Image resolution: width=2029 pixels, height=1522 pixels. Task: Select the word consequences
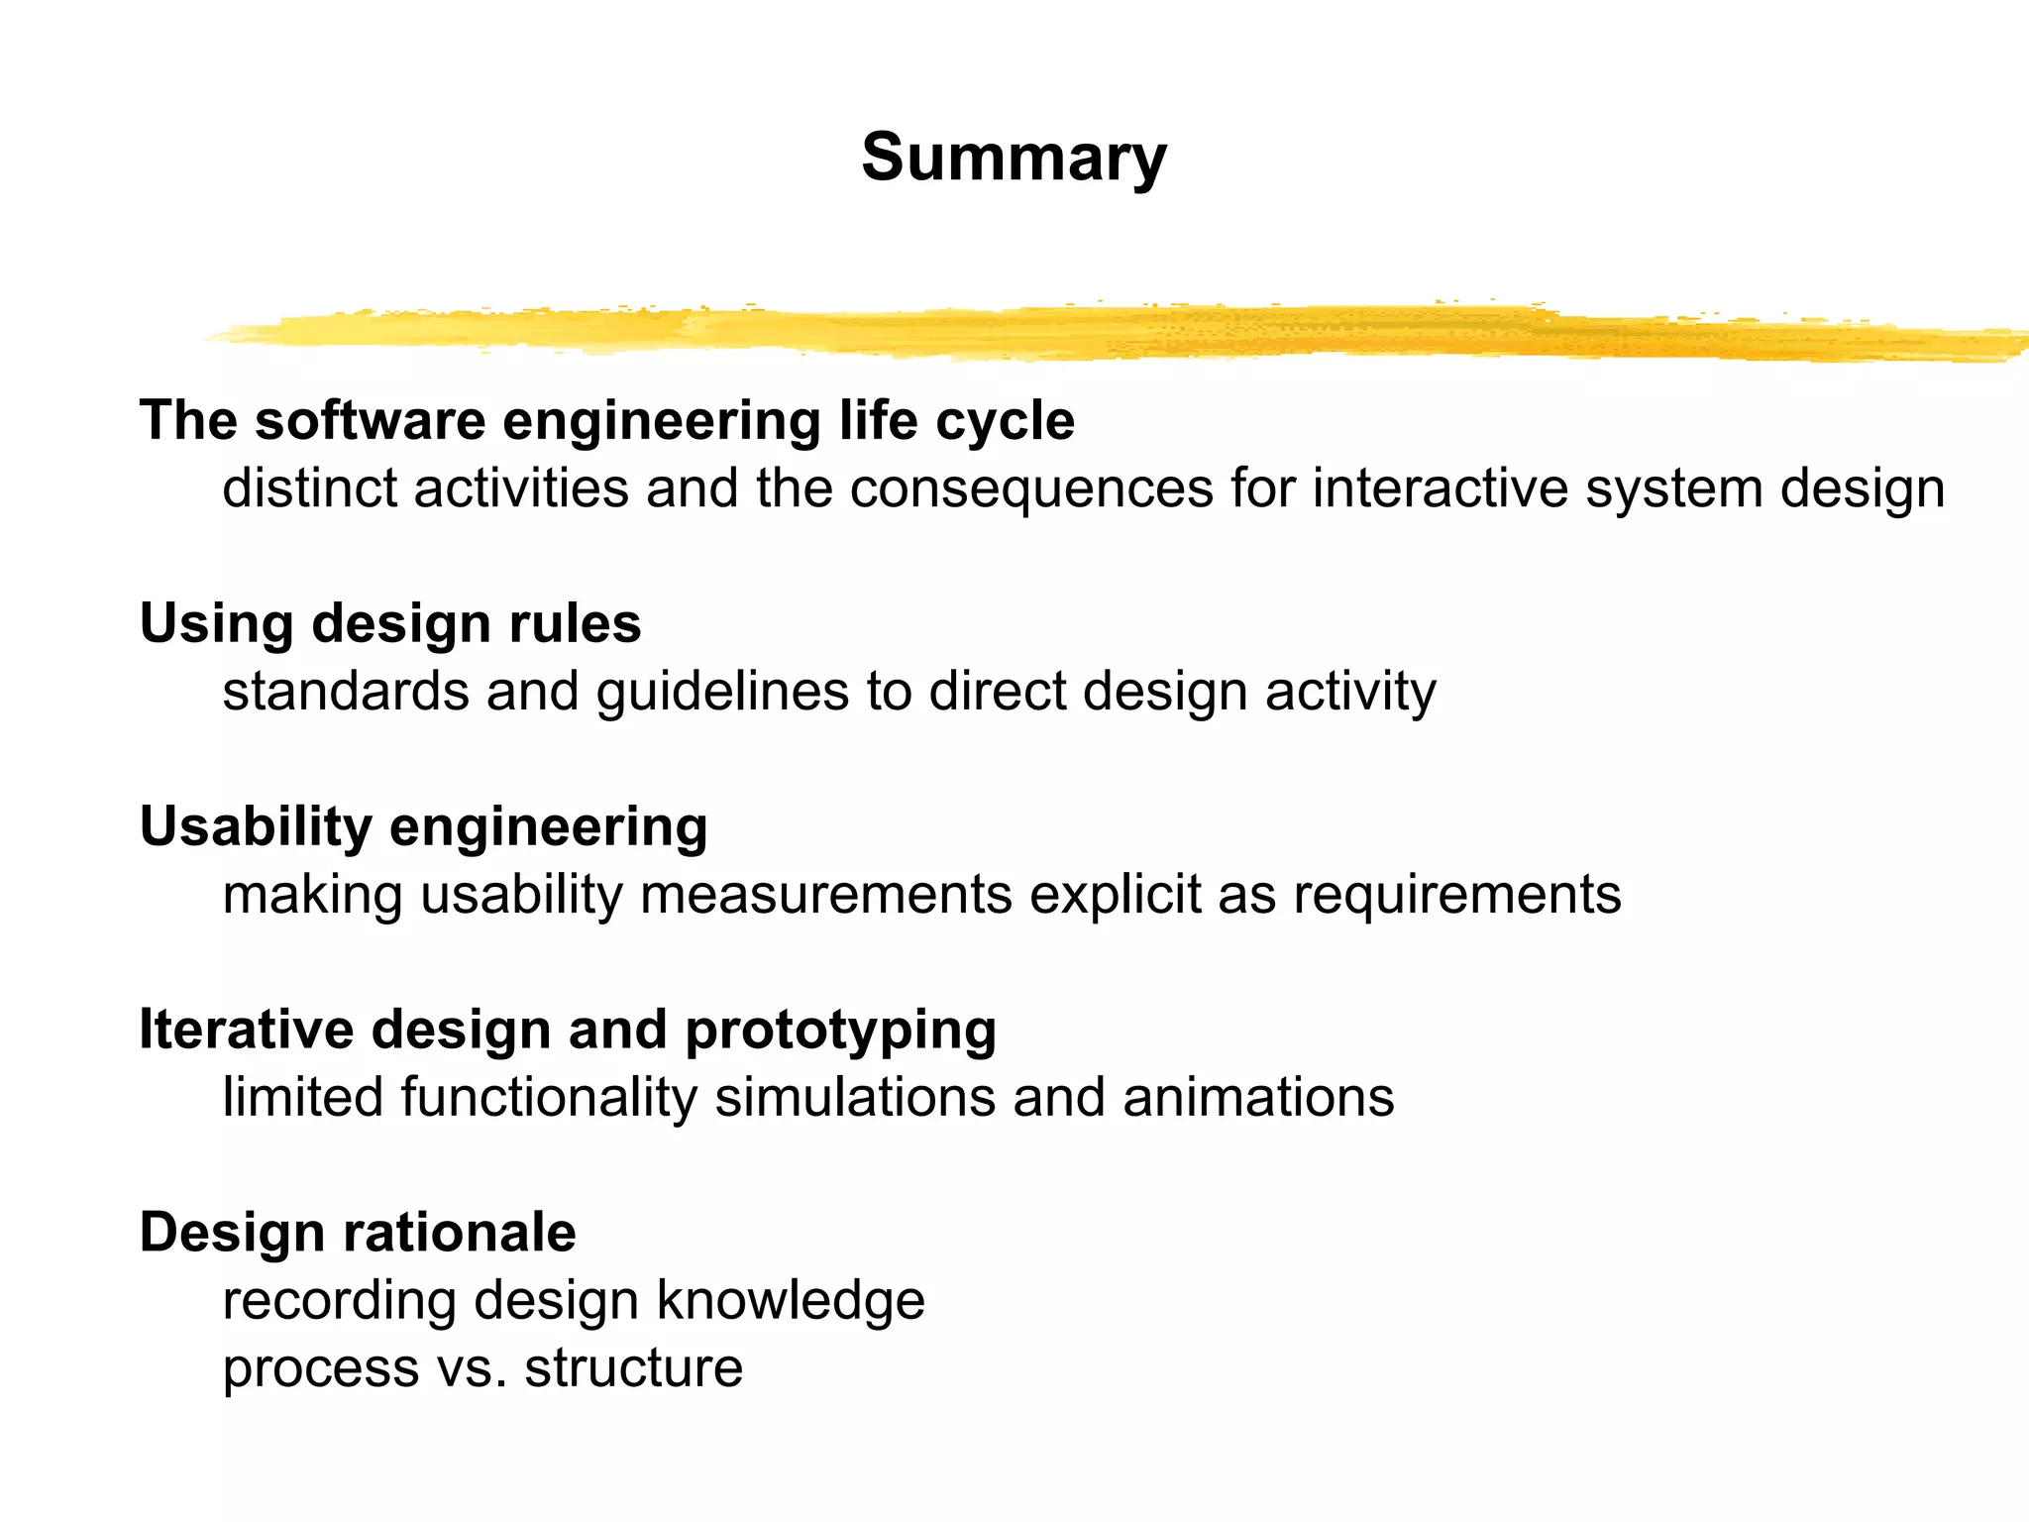[1031, 489]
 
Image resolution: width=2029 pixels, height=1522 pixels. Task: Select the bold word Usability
[256, 827]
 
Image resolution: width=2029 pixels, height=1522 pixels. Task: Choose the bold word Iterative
[246, 1030]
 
